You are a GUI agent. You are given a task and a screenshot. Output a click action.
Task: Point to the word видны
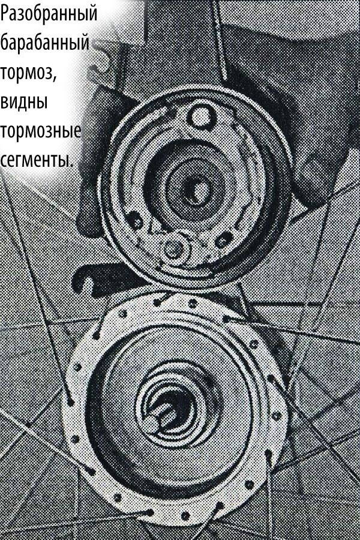tap(24, 102)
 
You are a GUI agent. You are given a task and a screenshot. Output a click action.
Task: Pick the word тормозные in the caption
tap(40, 131)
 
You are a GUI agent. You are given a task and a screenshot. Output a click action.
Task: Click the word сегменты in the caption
tap(37, 159)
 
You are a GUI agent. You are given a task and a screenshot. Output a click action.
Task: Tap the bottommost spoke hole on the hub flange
tap(185, 516)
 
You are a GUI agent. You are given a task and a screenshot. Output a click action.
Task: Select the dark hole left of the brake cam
tap(136, 220)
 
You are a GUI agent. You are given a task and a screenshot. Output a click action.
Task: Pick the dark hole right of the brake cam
tap(224, 239)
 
